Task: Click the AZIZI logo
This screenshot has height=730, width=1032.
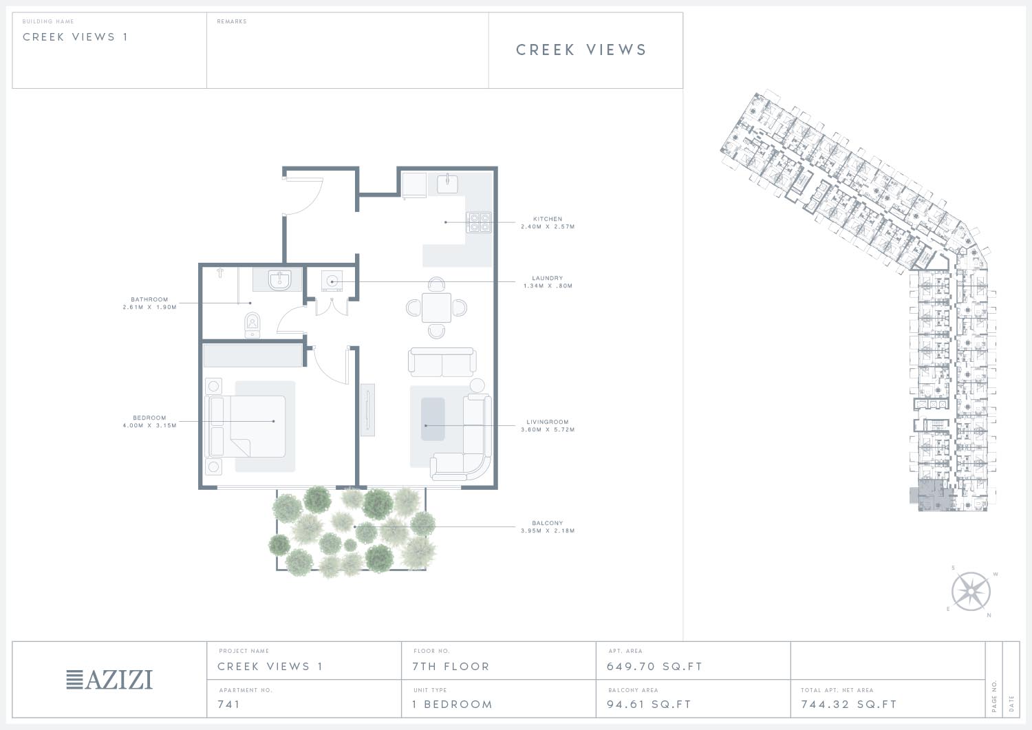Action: point(109,680)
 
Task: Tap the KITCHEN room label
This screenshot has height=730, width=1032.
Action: point(548,219)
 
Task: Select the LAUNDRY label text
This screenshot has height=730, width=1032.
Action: point(548,278)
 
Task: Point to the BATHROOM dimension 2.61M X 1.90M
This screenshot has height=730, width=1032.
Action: point(150,307)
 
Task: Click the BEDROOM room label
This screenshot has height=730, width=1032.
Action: point(149,418)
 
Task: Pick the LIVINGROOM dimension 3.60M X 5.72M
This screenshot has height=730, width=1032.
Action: point(548,429)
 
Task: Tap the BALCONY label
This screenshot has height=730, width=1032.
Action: point(548,523)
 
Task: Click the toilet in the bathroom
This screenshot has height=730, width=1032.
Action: point(252,325)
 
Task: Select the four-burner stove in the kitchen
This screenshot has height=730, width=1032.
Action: point(479,222)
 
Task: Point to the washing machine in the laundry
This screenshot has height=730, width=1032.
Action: point(332,281)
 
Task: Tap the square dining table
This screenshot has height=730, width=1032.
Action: point(436,308)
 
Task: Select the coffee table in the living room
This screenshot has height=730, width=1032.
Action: point(433,420)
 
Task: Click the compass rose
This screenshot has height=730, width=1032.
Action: point(971,591)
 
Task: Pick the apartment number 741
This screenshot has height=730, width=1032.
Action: point(229,704)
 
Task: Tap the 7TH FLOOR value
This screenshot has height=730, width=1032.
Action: point(451,667)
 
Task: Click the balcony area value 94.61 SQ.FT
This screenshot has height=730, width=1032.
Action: point(649,704)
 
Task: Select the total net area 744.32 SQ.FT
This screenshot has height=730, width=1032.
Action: point(849,704)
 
